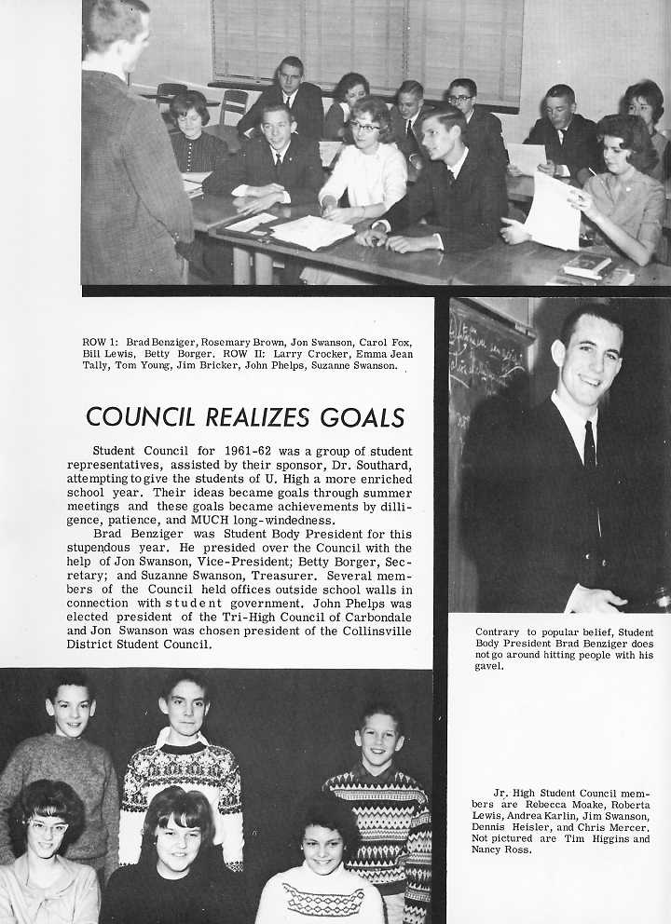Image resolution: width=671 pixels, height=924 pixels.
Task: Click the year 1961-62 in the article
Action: coord(228,451)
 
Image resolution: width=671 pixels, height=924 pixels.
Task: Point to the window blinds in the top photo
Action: coord(363,42)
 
